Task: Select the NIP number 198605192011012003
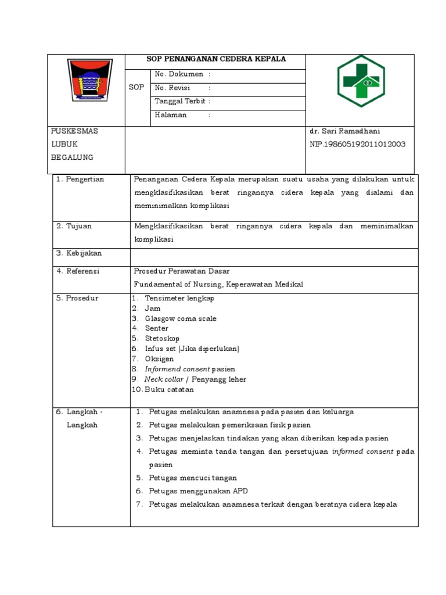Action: pyautogui.click(x=358, y=144)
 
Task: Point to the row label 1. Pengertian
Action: pyautogui.click(x=80, y=180)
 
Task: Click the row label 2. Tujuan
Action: pyautogui.click(x=74, y=226)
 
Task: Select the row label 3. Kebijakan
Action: pyautogui.click(x=78, y=253)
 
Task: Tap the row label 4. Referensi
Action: pyautogui.click(x=78, y=271)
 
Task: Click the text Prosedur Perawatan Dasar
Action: pyautogui.click(x=181, y=271)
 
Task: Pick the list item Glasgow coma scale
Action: pyautogui.click(x=180, y=318)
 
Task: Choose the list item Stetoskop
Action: pyautogui.click(x=162, y=338)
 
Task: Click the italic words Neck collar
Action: pyautogui.click(x=164, y=379)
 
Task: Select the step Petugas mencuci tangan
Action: pyautogui.click(x=193, y=478)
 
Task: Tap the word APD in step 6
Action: pyautogui.click(x=240, y=492)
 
